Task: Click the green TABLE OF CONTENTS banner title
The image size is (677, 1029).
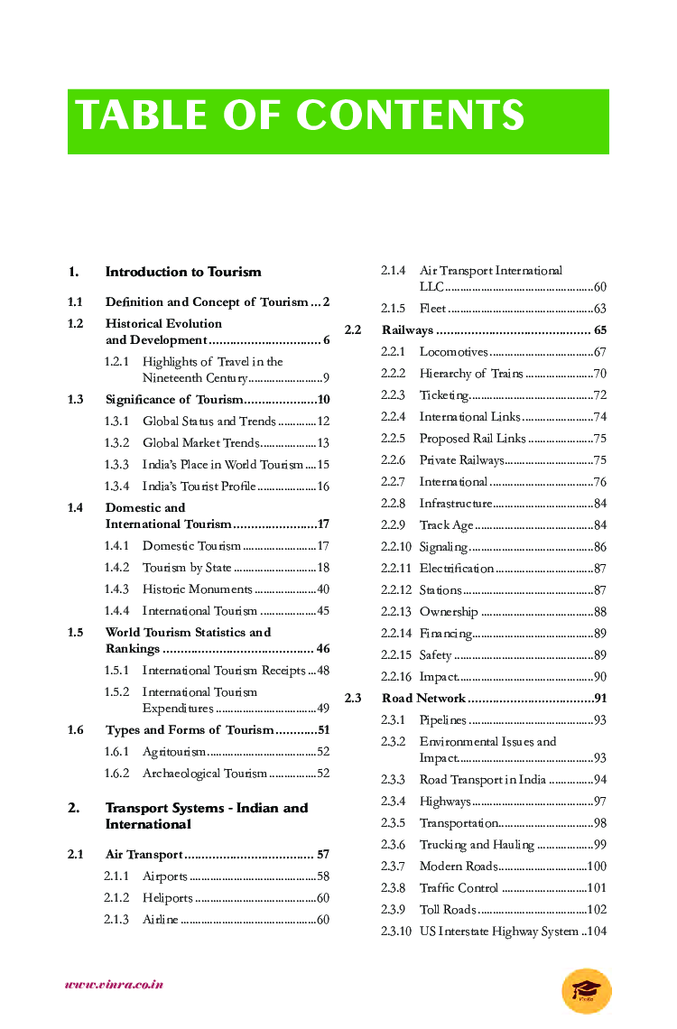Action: pos(300,116)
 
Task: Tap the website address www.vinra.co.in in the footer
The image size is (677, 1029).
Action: pos(114,985)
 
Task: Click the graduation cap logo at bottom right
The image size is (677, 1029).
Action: pos(586,990)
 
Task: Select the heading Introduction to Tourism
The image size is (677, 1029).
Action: pos(183,272)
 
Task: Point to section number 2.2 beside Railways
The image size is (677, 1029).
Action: pos(353,330)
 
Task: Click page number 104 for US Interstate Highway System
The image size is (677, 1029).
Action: pos(597,932)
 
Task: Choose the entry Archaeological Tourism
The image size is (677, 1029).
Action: pos(205,774)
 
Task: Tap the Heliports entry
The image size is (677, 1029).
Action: pos(168,898)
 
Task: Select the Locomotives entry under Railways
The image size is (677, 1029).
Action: pos(453,352)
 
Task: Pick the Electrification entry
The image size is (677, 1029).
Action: pos(456,569)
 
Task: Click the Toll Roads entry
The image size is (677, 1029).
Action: pos(447,910)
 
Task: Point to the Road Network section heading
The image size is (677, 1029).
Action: pos(423,699)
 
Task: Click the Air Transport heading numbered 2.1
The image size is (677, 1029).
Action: pos(144,855)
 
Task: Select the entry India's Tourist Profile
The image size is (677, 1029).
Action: pos(199,487)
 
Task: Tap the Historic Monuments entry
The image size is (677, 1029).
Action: pos(197,589)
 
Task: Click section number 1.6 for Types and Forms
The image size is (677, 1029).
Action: pos(76,730)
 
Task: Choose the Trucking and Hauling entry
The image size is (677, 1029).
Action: pos(477,845)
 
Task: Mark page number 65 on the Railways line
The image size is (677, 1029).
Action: pos(600,330)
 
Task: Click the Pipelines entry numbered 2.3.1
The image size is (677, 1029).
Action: pos(442,720)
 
